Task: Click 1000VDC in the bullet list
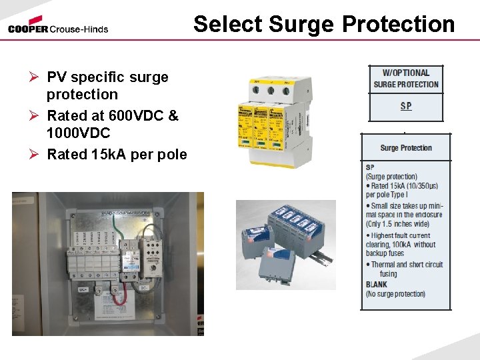(78, 133)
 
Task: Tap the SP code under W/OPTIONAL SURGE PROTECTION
(406, 106)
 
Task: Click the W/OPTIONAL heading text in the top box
(405, 73)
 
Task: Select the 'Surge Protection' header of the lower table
(406, 148)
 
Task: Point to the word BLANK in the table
(377, 284)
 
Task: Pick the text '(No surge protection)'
(395, 294)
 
